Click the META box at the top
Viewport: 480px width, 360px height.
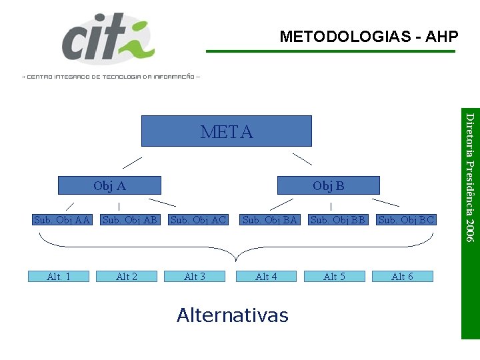227,131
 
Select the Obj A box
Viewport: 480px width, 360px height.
109,185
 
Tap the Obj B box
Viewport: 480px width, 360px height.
328,185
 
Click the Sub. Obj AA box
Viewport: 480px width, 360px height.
62,219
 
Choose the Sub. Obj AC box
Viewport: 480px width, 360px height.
199,219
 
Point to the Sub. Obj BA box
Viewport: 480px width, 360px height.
269,219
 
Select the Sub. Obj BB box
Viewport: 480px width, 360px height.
338,219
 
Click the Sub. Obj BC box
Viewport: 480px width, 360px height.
406,219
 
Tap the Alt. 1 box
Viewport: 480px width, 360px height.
59,277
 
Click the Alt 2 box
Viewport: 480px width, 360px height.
127,277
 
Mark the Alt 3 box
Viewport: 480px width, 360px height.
195,277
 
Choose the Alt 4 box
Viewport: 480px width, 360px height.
266,277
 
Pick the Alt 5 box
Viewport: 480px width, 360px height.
334,277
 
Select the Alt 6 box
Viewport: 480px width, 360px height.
402,277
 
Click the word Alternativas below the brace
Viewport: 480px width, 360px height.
232,315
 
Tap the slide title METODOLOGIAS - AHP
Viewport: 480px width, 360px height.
369,37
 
